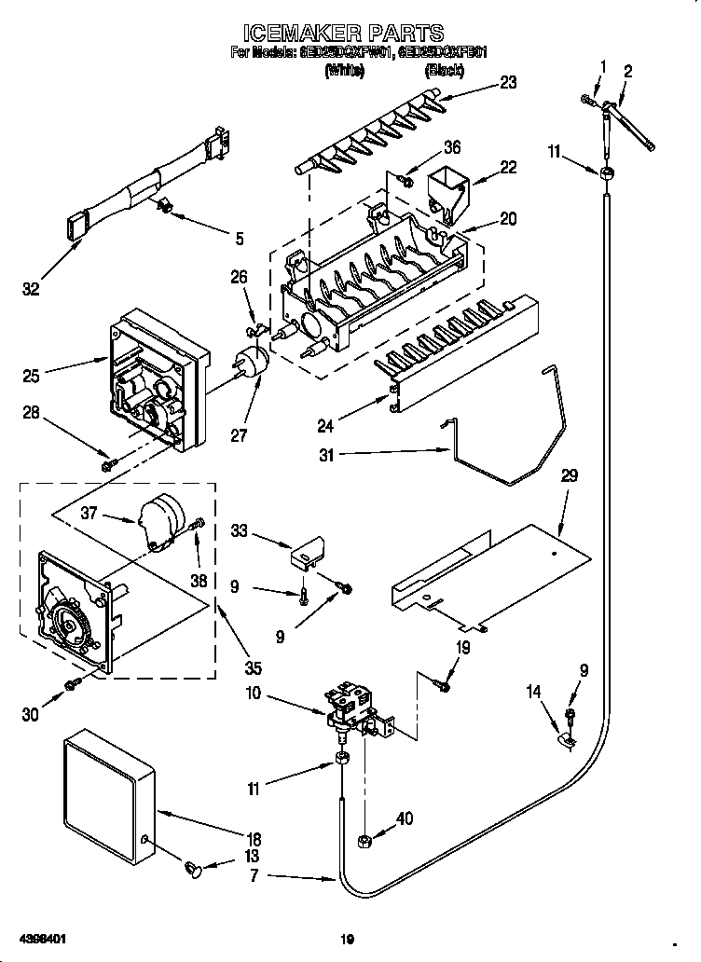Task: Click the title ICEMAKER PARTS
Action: (350, 34)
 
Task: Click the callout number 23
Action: (507, 81)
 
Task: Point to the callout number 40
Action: (403, 820)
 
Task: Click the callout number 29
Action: (569, 475)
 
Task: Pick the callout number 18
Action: (254, 838)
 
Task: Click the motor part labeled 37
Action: (162, 520)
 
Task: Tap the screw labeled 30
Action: (72, 687)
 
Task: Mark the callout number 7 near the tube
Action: (254, 876)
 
